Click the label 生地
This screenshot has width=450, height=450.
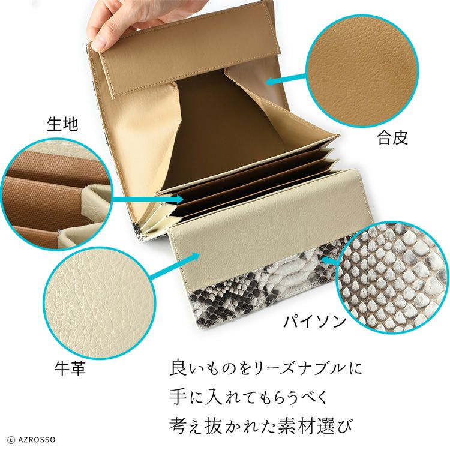[x=62, y=124]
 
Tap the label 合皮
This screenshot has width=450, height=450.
[x=392, y=137]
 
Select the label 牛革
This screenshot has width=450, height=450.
[x=70, y=368]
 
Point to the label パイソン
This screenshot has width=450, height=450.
[x=314, y=321]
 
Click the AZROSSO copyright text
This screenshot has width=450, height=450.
[x=32, y=439]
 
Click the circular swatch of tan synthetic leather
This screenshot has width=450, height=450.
[x=362, y=71]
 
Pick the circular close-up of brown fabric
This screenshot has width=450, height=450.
[x=57, y=194]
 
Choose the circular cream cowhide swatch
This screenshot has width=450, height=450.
[x=99, y=303]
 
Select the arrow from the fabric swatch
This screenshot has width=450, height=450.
[x=148, y=199]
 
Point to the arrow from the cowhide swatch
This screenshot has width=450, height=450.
[x=174, y=265]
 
